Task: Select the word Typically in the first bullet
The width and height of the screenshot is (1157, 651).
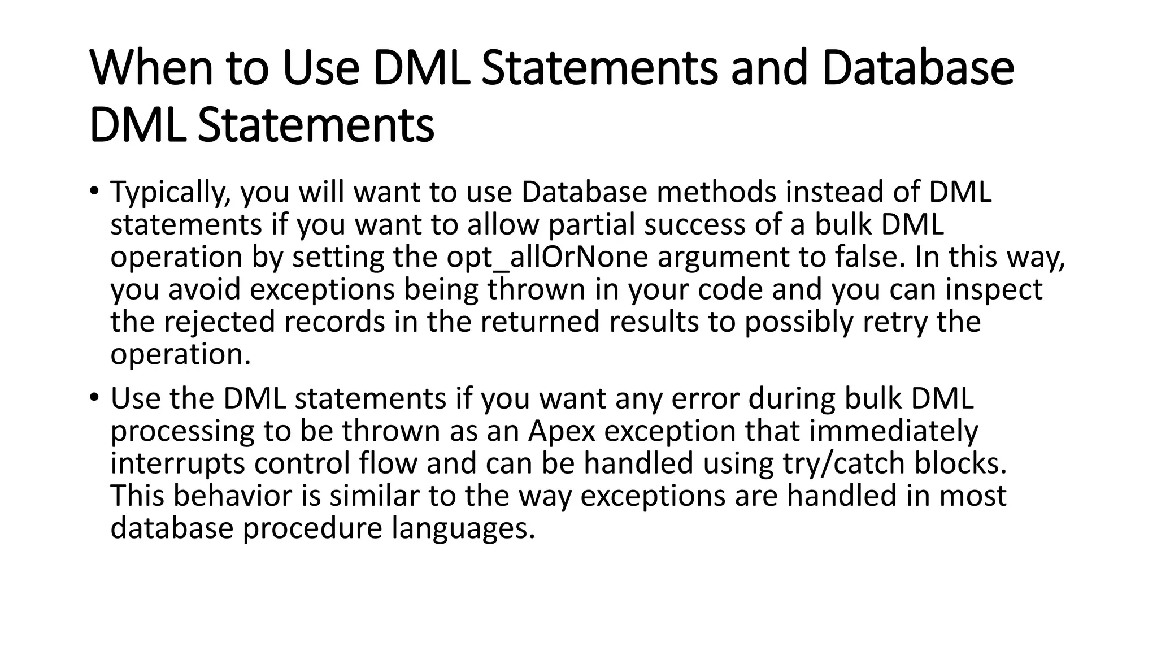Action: coord(170,193)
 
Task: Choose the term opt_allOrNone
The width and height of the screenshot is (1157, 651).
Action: coord(547,257)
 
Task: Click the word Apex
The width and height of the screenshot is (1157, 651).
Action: coord(562,431)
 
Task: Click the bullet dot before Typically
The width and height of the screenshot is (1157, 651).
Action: coord(93,190)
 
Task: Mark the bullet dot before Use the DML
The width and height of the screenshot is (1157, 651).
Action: coord(93,397)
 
